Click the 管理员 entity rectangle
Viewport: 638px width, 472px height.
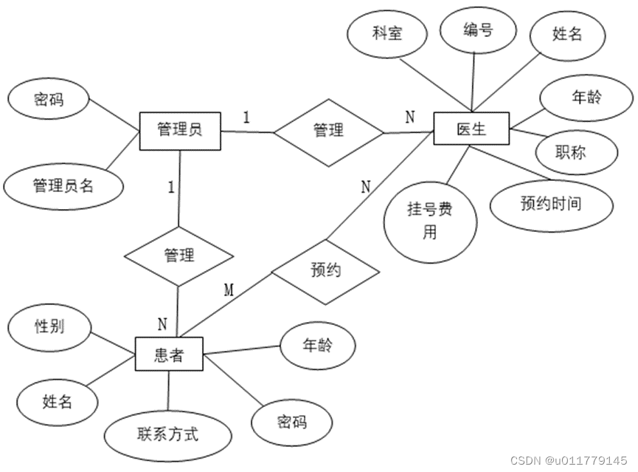[180, 131]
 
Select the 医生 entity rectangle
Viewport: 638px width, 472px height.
[471, 130]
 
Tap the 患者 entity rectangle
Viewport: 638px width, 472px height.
[169, 356]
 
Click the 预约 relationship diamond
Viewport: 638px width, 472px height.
[325, 271]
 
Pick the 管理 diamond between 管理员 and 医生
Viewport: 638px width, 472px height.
[329, 131]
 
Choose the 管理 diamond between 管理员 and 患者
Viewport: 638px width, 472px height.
[179, 256]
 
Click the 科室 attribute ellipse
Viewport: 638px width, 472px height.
[387, 35]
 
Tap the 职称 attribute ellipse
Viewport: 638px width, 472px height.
[570, 152]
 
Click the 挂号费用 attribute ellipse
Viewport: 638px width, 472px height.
[429, 221]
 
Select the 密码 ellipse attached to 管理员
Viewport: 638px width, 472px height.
[49, 99]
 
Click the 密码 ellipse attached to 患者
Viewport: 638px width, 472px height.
[291, 423]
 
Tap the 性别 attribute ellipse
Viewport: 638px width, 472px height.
[49, 326]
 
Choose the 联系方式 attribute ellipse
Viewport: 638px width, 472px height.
[167, 434]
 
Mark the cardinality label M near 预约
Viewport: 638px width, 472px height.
[229, 290]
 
